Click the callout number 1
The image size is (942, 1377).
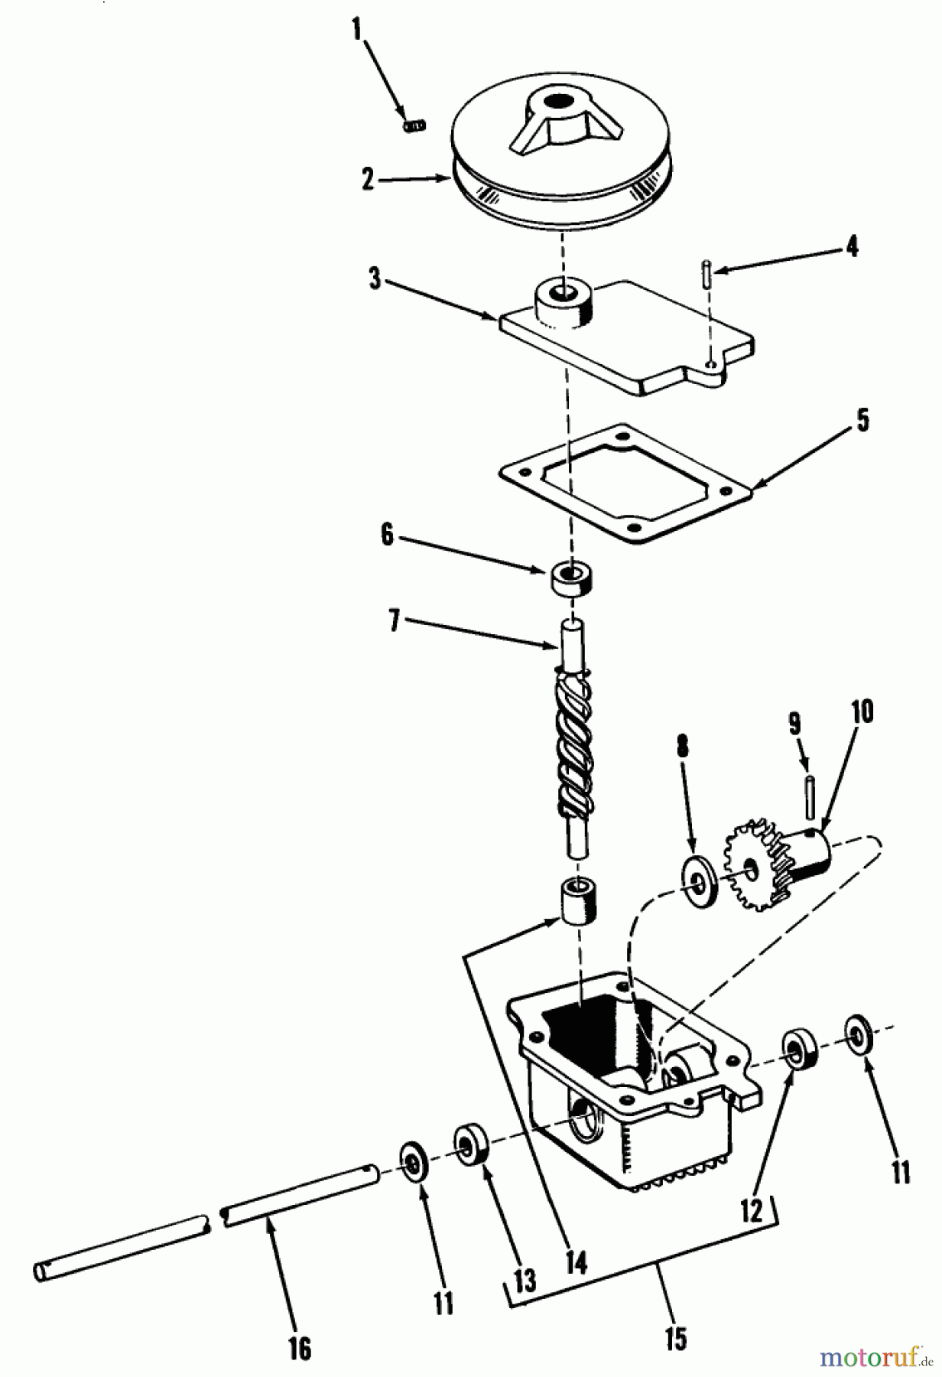click(356, 30)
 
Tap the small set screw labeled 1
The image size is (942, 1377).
click(414, 125)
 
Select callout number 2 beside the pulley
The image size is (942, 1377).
click(369, 179)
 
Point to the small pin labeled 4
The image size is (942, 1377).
click(708, 273)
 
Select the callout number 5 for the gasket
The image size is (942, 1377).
click(862, 420)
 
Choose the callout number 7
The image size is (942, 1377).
click(395, 621)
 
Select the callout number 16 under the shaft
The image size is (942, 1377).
click(300, 1349)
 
